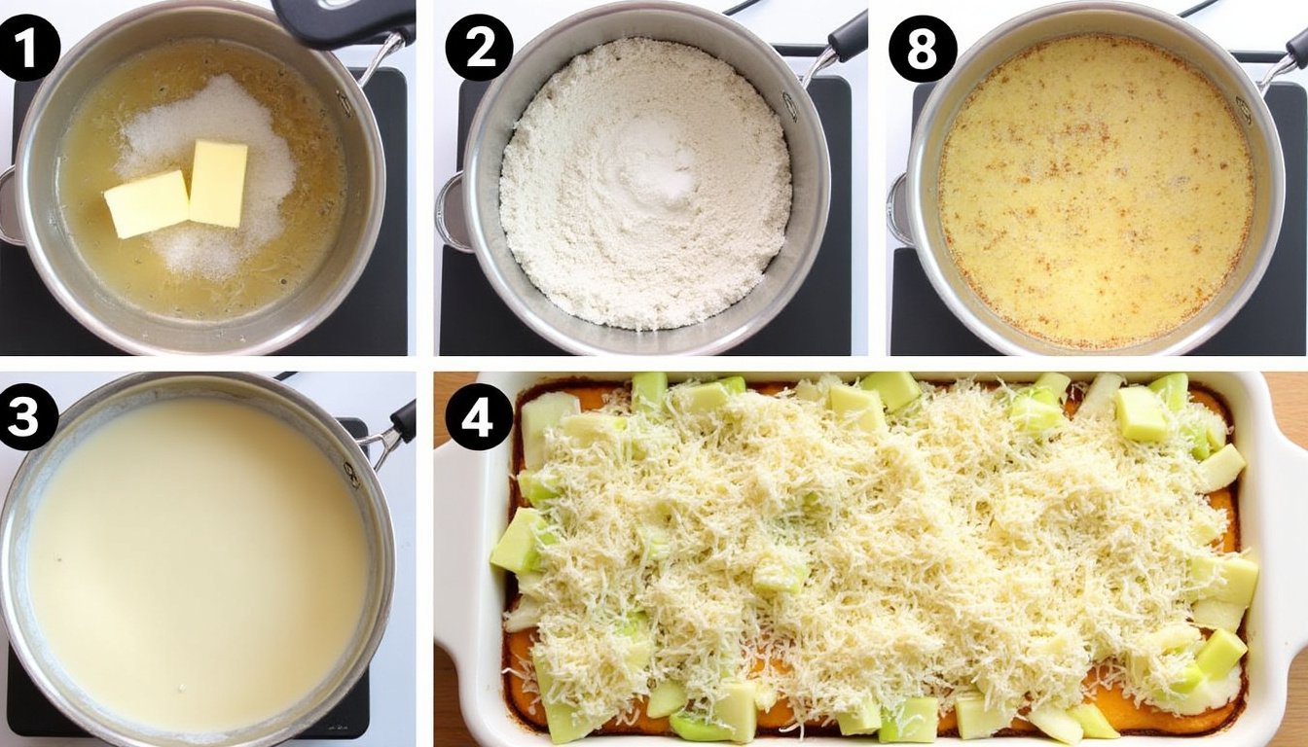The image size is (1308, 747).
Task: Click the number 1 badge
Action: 27,48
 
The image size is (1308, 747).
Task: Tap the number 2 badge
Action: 479,48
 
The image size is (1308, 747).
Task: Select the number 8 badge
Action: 923,48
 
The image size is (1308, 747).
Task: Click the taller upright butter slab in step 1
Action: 218,183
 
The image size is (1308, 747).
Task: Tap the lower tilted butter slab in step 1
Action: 147,203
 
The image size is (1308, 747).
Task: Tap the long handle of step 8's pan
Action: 1285,58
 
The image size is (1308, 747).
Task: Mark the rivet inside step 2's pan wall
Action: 789,106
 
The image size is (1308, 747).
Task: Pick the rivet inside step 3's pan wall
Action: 351,474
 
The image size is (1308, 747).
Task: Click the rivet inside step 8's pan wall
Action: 1242,109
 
